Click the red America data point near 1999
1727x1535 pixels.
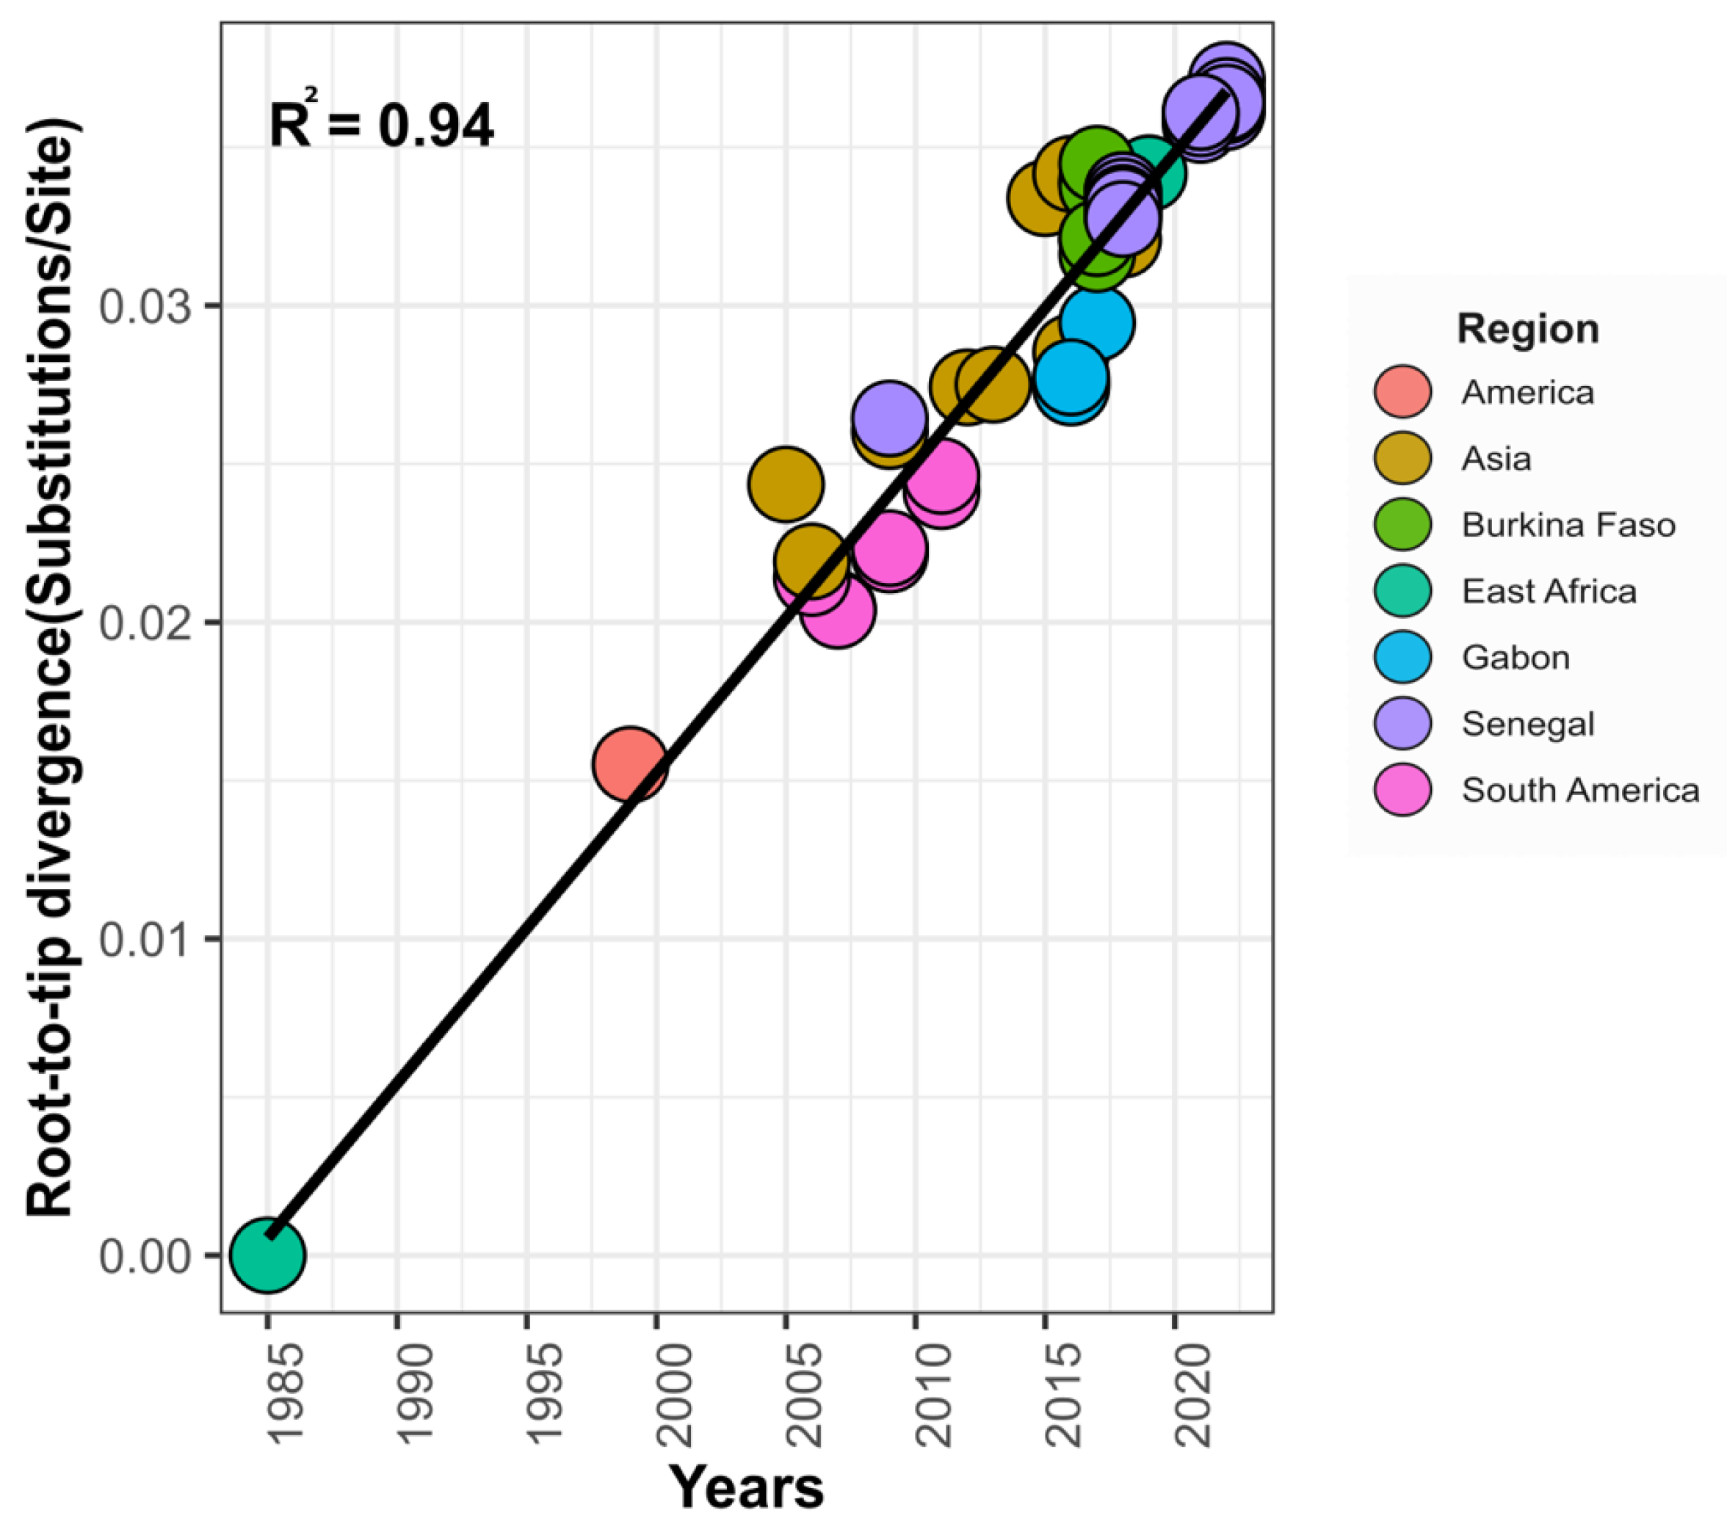click(x=629, y=763)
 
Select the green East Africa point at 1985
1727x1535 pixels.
click(x=267, y=1255)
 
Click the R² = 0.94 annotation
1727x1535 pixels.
click(x=381, y=124)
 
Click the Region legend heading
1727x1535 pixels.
click(x=1527, y=329)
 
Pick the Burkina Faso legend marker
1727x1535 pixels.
click(x=1402, y=525)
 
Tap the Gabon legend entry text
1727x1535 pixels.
click(x=1516, y=657)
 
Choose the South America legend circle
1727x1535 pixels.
click(x=1402, y=791)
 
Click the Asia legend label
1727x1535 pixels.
click(x=1496, y=459)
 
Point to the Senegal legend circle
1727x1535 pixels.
click(x=1402, y=724)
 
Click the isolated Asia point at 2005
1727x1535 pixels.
click(x=786, y=484)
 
